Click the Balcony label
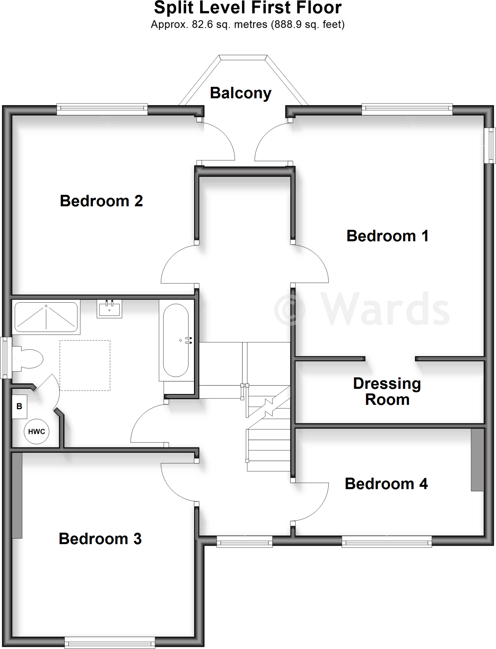(240, 93)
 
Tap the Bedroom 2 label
(101, 201)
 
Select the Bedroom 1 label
(387, 236)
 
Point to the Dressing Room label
(387, 391)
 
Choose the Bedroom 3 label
(100, 539)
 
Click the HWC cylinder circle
(37, 432)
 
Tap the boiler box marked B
(19, 407)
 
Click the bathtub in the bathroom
(176, 340)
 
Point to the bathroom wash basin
(109, 309)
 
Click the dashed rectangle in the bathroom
(85, 365)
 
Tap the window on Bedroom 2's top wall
(102, 109)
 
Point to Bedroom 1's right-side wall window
(490, 145)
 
